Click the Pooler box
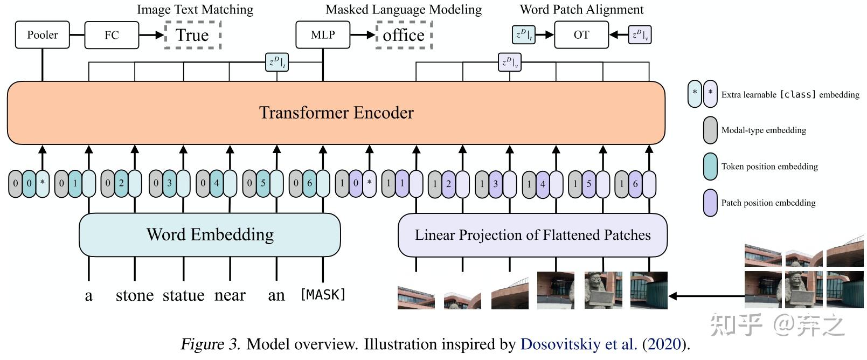42,35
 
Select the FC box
112,35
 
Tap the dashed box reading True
192,35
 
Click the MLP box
323,35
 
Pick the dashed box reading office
404,35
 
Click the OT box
581,35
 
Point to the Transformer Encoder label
336,113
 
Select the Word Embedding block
210,234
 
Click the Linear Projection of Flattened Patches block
532,235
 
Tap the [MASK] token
323,295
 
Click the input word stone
135,295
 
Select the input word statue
183,295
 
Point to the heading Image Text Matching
195,9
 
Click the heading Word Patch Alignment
581,9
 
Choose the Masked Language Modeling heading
404,9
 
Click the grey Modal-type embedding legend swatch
710,130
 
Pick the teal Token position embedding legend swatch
710,167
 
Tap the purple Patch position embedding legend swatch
710,203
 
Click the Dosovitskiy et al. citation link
578,344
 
